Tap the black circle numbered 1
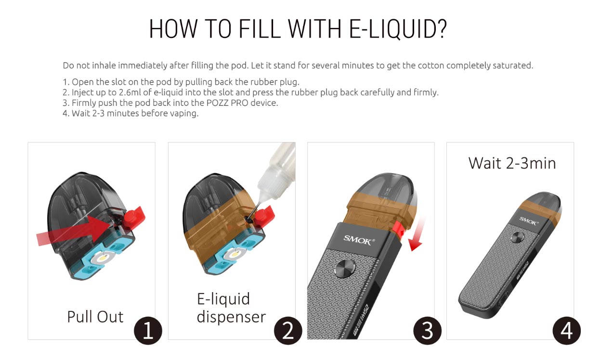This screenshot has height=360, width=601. click(148, 332)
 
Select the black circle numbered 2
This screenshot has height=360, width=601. click(288, 332)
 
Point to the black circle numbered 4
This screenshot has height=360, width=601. click(567, 332)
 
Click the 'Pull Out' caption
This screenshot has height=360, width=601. click(95, 317)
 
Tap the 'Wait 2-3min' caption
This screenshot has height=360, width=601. click(512, 163)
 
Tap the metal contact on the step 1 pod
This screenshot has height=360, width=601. click(100, 258)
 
